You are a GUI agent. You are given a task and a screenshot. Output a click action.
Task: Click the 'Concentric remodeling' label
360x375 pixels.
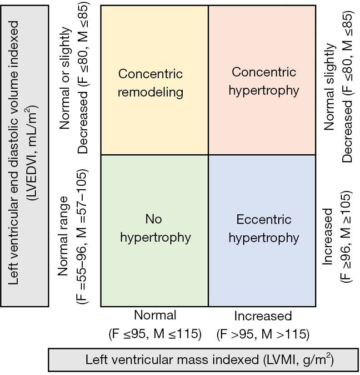pos(150,83)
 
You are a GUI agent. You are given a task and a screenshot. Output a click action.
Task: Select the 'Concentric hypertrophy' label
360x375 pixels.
pos(264,81)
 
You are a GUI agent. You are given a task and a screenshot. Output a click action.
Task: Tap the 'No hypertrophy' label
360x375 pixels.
pos(155,228)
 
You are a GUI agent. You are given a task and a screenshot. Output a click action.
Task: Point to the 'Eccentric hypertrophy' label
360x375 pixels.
pos(264,229)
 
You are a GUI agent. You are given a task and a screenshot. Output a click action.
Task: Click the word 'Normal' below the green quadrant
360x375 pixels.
pos(155,315)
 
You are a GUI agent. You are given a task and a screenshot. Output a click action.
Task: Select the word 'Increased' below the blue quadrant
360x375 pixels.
pos(263,316)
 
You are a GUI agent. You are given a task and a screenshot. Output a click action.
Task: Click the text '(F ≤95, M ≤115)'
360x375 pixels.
pos(155,334)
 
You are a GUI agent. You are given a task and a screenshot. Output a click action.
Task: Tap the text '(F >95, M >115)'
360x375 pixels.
pos(263,334)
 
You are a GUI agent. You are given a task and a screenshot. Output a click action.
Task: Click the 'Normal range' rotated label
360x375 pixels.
pos(63,236)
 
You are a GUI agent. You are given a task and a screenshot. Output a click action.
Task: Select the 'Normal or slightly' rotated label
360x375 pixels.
pos(65,78)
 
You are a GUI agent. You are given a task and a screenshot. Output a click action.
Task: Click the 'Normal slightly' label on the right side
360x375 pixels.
pos(330,86)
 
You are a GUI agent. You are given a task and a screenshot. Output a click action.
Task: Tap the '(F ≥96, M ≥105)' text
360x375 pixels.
pos(346,237)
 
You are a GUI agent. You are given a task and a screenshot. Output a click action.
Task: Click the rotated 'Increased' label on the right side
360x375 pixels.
pos(327,237)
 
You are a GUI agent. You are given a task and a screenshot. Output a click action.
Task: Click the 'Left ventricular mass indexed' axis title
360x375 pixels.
pos(172,360)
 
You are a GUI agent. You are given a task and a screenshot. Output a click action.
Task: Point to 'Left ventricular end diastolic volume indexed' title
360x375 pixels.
pos(13,153)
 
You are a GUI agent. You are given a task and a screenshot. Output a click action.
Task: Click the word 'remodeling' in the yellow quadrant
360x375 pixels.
pos(150,92)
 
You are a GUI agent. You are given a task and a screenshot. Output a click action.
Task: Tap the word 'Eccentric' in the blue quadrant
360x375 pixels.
pos(264,219)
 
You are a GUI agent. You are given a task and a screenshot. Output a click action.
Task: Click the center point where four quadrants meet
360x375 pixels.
pos(208,155)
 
